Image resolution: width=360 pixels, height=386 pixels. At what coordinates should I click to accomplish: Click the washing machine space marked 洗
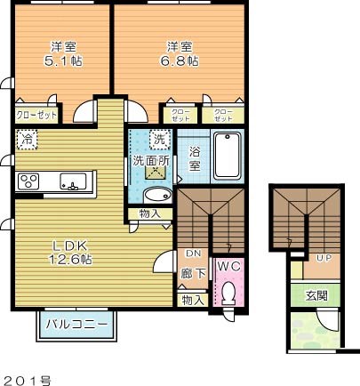tap(159, 139)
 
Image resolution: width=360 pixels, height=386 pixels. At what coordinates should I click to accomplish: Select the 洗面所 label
tap(149, 162)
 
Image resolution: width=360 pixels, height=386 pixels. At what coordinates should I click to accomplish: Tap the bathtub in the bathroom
tap(228, 155)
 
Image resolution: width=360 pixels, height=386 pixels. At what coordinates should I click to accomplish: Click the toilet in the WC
tap(228, 291)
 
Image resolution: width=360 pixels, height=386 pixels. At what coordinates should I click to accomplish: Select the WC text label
tap(228, 267)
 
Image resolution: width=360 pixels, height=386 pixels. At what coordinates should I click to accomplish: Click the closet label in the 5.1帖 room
tap(35, 116)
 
